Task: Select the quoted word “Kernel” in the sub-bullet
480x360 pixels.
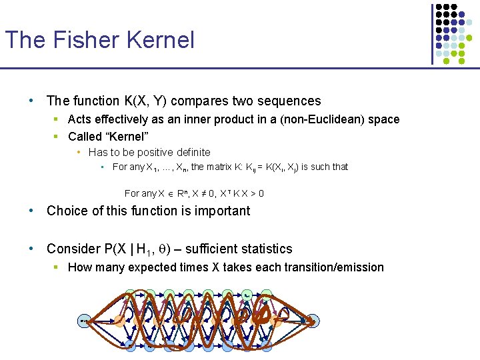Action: click(126, 137)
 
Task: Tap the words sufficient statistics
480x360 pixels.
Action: click(239, 249)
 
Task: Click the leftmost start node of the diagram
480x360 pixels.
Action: click(83, 321)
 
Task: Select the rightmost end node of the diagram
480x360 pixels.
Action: click(313, 321)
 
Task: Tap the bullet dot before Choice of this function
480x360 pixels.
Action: click(31, 211)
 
